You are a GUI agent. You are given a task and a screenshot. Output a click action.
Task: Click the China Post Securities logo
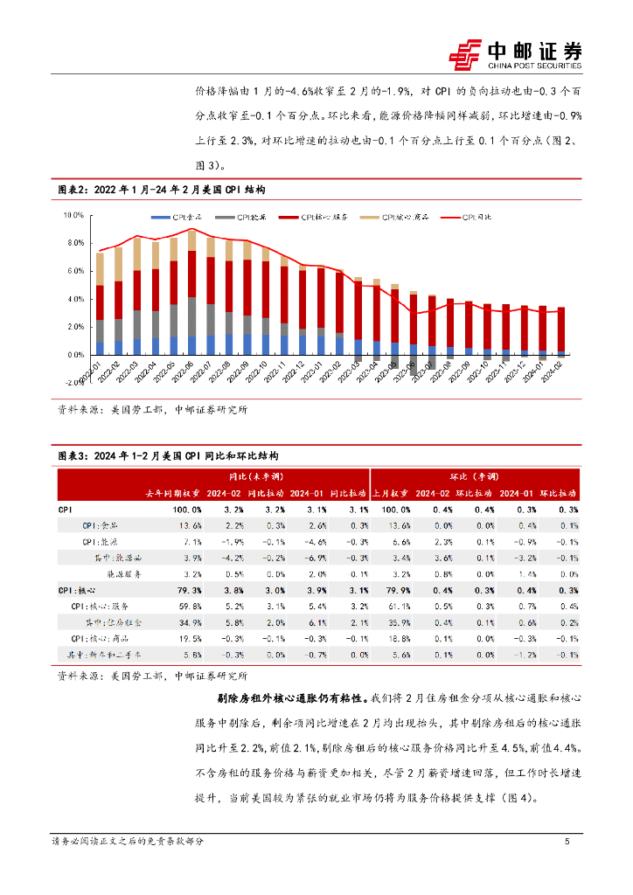[x=515, y=54]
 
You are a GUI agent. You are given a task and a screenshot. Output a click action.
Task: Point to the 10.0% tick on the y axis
[x=73, y=215]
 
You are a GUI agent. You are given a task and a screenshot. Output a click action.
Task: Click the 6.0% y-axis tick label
[x=74, y=271]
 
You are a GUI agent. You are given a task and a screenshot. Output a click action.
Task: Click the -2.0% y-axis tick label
[x=73, y=383]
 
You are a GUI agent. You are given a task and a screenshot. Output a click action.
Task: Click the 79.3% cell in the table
[x=186, y=590]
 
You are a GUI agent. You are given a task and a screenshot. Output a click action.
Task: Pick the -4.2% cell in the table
[x=232, y=558]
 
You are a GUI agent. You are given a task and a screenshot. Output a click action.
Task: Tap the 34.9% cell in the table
[x=188, y=621]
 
